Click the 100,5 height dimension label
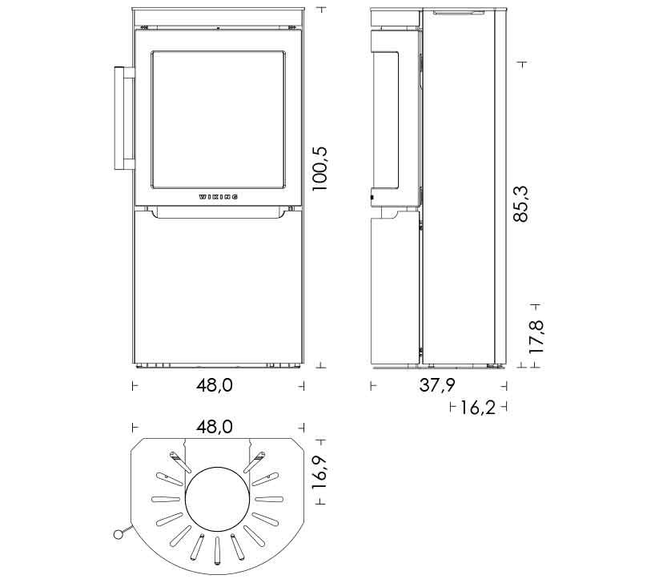320,169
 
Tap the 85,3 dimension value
520,203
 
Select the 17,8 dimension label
536,337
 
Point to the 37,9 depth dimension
437,385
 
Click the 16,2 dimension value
477,408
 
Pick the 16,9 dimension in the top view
320,472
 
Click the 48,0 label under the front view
215,385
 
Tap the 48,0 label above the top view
215,427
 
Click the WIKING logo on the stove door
218,196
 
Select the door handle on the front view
124,118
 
